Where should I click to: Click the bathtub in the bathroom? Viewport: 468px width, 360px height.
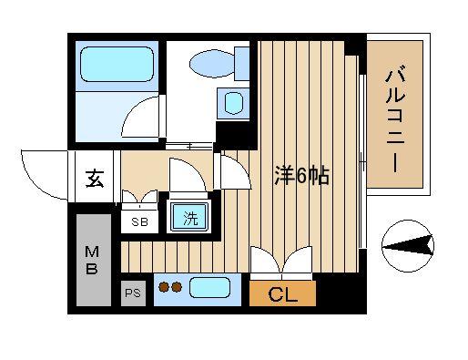[x=117, y=64]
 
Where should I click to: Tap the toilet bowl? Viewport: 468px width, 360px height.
[x=212, y=64]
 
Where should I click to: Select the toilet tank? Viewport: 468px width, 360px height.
[x=242, y=64]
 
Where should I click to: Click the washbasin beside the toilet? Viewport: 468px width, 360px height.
[x=233, y=103]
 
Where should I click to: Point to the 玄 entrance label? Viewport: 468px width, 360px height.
[x=95, y=179]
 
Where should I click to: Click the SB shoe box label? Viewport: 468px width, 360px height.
[x=139, y=221]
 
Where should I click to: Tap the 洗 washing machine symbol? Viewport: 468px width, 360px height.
[x=190, y=218]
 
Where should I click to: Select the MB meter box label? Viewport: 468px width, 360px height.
[x=92, y=261]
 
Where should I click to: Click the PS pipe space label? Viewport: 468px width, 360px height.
[x=133, y=293]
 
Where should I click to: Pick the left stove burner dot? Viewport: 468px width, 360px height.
[x=164, y=287]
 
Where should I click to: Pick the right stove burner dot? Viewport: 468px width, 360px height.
[x=177, y=287]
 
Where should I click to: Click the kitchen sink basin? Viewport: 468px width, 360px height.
[x=209, y=288]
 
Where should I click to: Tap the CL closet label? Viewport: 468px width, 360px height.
[x=282, y=293]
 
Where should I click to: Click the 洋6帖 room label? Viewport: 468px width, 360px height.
[x=301, y=176]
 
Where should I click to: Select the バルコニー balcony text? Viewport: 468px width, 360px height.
[x=395, y=118]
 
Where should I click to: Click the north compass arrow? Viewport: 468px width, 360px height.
[x=408, y=245]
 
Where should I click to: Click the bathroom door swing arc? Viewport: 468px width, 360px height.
[x=134, y=112]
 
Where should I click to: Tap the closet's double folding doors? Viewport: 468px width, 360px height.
[x=281, y=261]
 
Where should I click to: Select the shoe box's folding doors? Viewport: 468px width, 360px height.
[x=139, y=197]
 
